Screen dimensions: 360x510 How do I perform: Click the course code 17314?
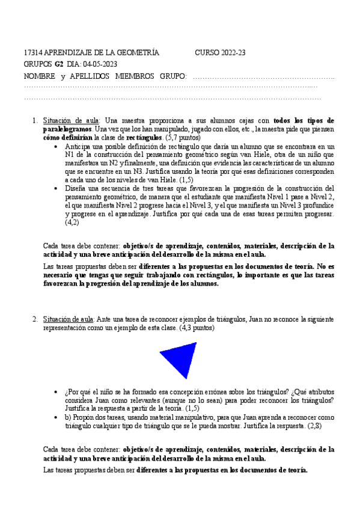tap(32, 53)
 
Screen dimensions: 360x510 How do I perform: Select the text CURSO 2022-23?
tap(220, 53)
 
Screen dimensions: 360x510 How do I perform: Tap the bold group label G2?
tap(59, 65)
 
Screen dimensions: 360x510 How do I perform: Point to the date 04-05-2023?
tap(100, 65)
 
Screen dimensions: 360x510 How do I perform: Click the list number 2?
tap(35, 319)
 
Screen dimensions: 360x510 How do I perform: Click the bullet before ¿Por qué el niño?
tap(56, 391)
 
